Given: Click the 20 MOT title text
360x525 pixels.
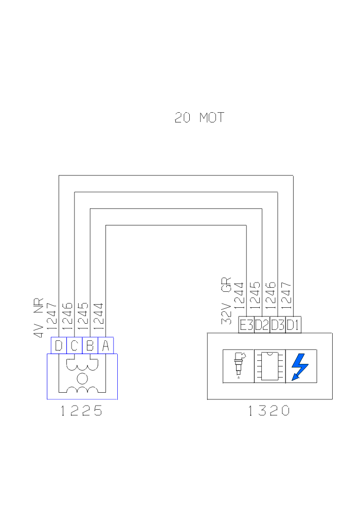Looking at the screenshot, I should pyautogui.click(x=199, y=118).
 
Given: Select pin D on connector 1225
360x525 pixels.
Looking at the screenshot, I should pyautogui.click(x=59, y=345).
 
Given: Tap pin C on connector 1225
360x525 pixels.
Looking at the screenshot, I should pyautogui.click(x=74, y=345).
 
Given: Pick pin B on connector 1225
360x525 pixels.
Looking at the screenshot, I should pyautogui.click(x=90, y=345).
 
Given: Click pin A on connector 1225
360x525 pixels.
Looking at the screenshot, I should pyautogui.click(x=105, y=345).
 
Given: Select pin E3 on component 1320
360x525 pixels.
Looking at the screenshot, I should pyautogui.click(x=246, y=325).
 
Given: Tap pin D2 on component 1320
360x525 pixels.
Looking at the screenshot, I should pyautogui.click(x=262, y=325).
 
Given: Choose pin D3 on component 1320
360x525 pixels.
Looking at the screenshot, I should pyautogui.click(x=278, y=325).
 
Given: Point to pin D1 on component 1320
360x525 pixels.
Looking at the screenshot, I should pyautogui.click(x=293, y=325).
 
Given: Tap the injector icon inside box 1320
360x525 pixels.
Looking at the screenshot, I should pyautogui.click(x=239, y=365).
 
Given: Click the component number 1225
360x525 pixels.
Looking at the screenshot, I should pyautogui.click(x=81, y=411).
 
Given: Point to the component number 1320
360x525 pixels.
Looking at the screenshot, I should pyautogui.click(x=268, y=411).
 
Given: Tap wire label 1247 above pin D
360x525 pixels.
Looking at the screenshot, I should pyautogui.click(x=51, y=316).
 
